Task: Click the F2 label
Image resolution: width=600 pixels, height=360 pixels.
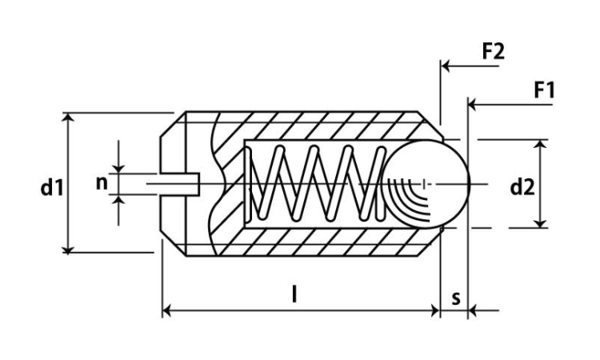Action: pyautogui.click(x=494, y=51)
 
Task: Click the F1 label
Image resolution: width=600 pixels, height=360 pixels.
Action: pyautogui.click(x=544, y=90)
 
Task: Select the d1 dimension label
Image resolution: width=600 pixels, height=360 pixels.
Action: pyautogui.click(x=52, y=187)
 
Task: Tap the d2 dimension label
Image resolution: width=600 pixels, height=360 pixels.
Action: pyautogui.click(x=522, y=187)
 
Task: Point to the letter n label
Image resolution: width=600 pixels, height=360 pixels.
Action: pyautogui.click(x=102, y=184)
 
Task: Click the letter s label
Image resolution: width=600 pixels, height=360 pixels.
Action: pyautogui.click(x=456, y=298)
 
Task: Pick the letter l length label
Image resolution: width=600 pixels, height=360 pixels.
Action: pyautogui.click(x=294, y=294)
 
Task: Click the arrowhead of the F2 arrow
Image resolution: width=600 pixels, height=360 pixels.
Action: pyautogui.click(x=445, y=66)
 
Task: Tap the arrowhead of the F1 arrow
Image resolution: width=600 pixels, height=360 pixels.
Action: pyautogui.click(x=472, y=105)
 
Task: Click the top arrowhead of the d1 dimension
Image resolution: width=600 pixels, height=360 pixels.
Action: pyautogui.click(x=68, y=117)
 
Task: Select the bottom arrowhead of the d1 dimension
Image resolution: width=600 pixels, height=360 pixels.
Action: pyautogui.click(x=68, y=249)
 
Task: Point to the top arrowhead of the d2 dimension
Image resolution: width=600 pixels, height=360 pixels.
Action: pyautogui.click(x=540, y=144)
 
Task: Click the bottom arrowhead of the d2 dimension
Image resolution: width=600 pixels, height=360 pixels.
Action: pyautogui.click(x=540, y=223)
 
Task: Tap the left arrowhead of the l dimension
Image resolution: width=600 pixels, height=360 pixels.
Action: pyautogui.click(x=166, y=310)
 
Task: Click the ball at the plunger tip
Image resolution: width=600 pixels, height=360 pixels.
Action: pyautogui.click(x=426, y=184)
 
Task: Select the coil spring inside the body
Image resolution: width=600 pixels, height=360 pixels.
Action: pyautogui.click(x=316, y=184)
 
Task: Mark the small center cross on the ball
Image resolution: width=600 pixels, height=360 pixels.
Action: pyautogui.click(x=424, y=184)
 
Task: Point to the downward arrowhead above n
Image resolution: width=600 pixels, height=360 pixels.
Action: pyautogui.click(x=118, y=168)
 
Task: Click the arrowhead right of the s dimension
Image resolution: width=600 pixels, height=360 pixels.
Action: pyautogui.click(x=473, y=310)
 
